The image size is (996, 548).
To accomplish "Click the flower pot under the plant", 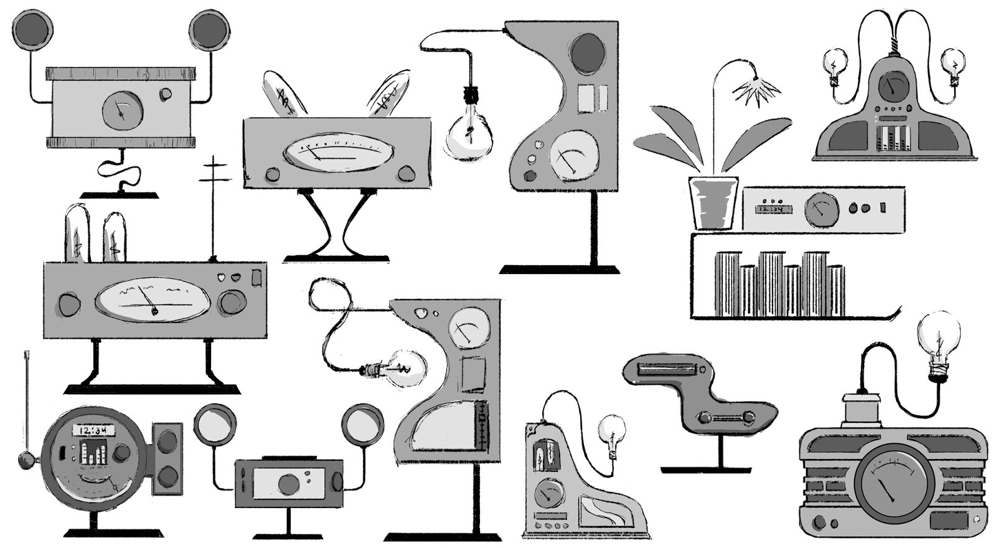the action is click(713, 202).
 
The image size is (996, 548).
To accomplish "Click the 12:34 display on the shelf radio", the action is click(773, 209).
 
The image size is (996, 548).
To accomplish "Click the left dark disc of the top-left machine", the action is click(32, 29).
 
